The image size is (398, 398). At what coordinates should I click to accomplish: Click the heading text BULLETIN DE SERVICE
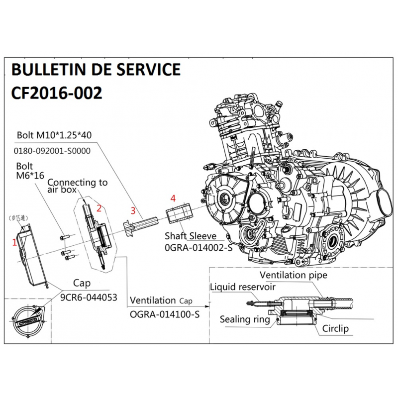96,70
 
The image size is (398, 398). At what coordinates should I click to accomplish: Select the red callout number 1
14,243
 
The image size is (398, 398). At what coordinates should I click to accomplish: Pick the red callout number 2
99,208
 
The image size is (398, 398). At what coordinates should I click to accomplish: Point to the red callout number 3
133,209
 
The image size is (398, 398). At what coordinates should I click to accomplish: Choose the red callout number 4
173,198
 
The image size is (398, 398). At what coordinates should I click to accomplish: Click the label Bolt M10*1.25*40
54,135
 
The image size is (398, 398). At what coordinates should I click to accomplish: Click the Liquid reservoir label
242,287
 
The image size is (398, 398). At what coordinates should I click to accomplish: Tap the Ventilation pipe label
294,275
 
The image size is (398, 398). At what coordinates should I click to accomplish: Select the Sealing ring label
245,319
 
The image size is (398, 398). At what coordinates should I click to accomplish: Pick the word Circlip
335,329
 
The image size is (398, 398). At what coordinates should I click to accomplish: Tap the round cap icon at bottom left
24,320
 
